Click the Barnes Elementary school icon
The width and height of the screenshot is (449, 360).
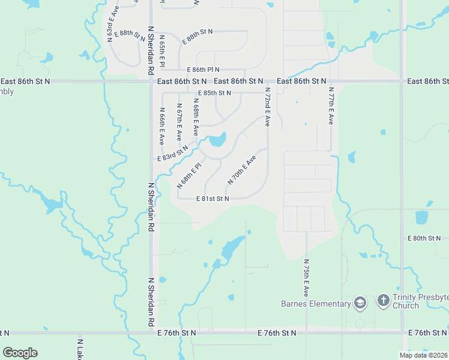pyautogui.click(x=360, y=302)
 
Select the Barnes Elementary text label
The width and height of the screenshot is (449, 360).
pyautogui.click(x=315, y=304)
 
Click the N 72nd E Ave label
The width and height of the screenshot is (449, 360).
pyautogui.click(x=267, y=106)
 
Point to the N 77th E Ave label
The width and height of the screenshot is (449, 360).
pyautogui.click(x=330, y=105)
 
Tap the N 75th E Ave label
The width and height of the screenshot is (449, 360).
pyautogui.click(x=306, y=278)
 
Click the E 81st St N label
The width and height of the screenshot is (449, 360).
pyautogui.click(x=212, y=199)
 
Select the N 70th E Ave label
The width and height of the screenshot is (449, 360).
pyautogui.click(x=242, y=170)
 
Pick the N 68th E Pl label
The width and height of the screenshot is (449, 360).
pyautogui.click(x=188, y=175)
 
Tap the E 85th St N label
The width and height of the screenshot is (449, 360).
pyautogui.click(x=214, y=93)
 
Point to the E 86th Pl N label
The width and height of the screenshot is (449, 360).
pyautogui.click(x=203, y=70)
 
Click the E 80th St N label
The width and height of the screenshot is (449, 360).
pyautogui.click(x=424, y=238)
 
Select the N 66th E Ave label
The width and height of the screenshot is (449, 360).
pyautogui.click(x=161, y=126)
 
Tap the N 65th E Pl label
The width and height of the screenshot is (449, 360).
pyautogui.click(x=161, y=51)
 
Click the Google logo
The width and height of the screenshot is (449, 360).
pyautogui.click(x=20, y=353)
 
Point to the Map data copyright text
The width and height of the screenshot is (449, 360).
pyautogui.click(x=424, y=355)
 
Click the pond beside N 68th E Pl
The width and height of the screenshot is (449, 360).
pyautogui.click(x=217, y=142)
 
